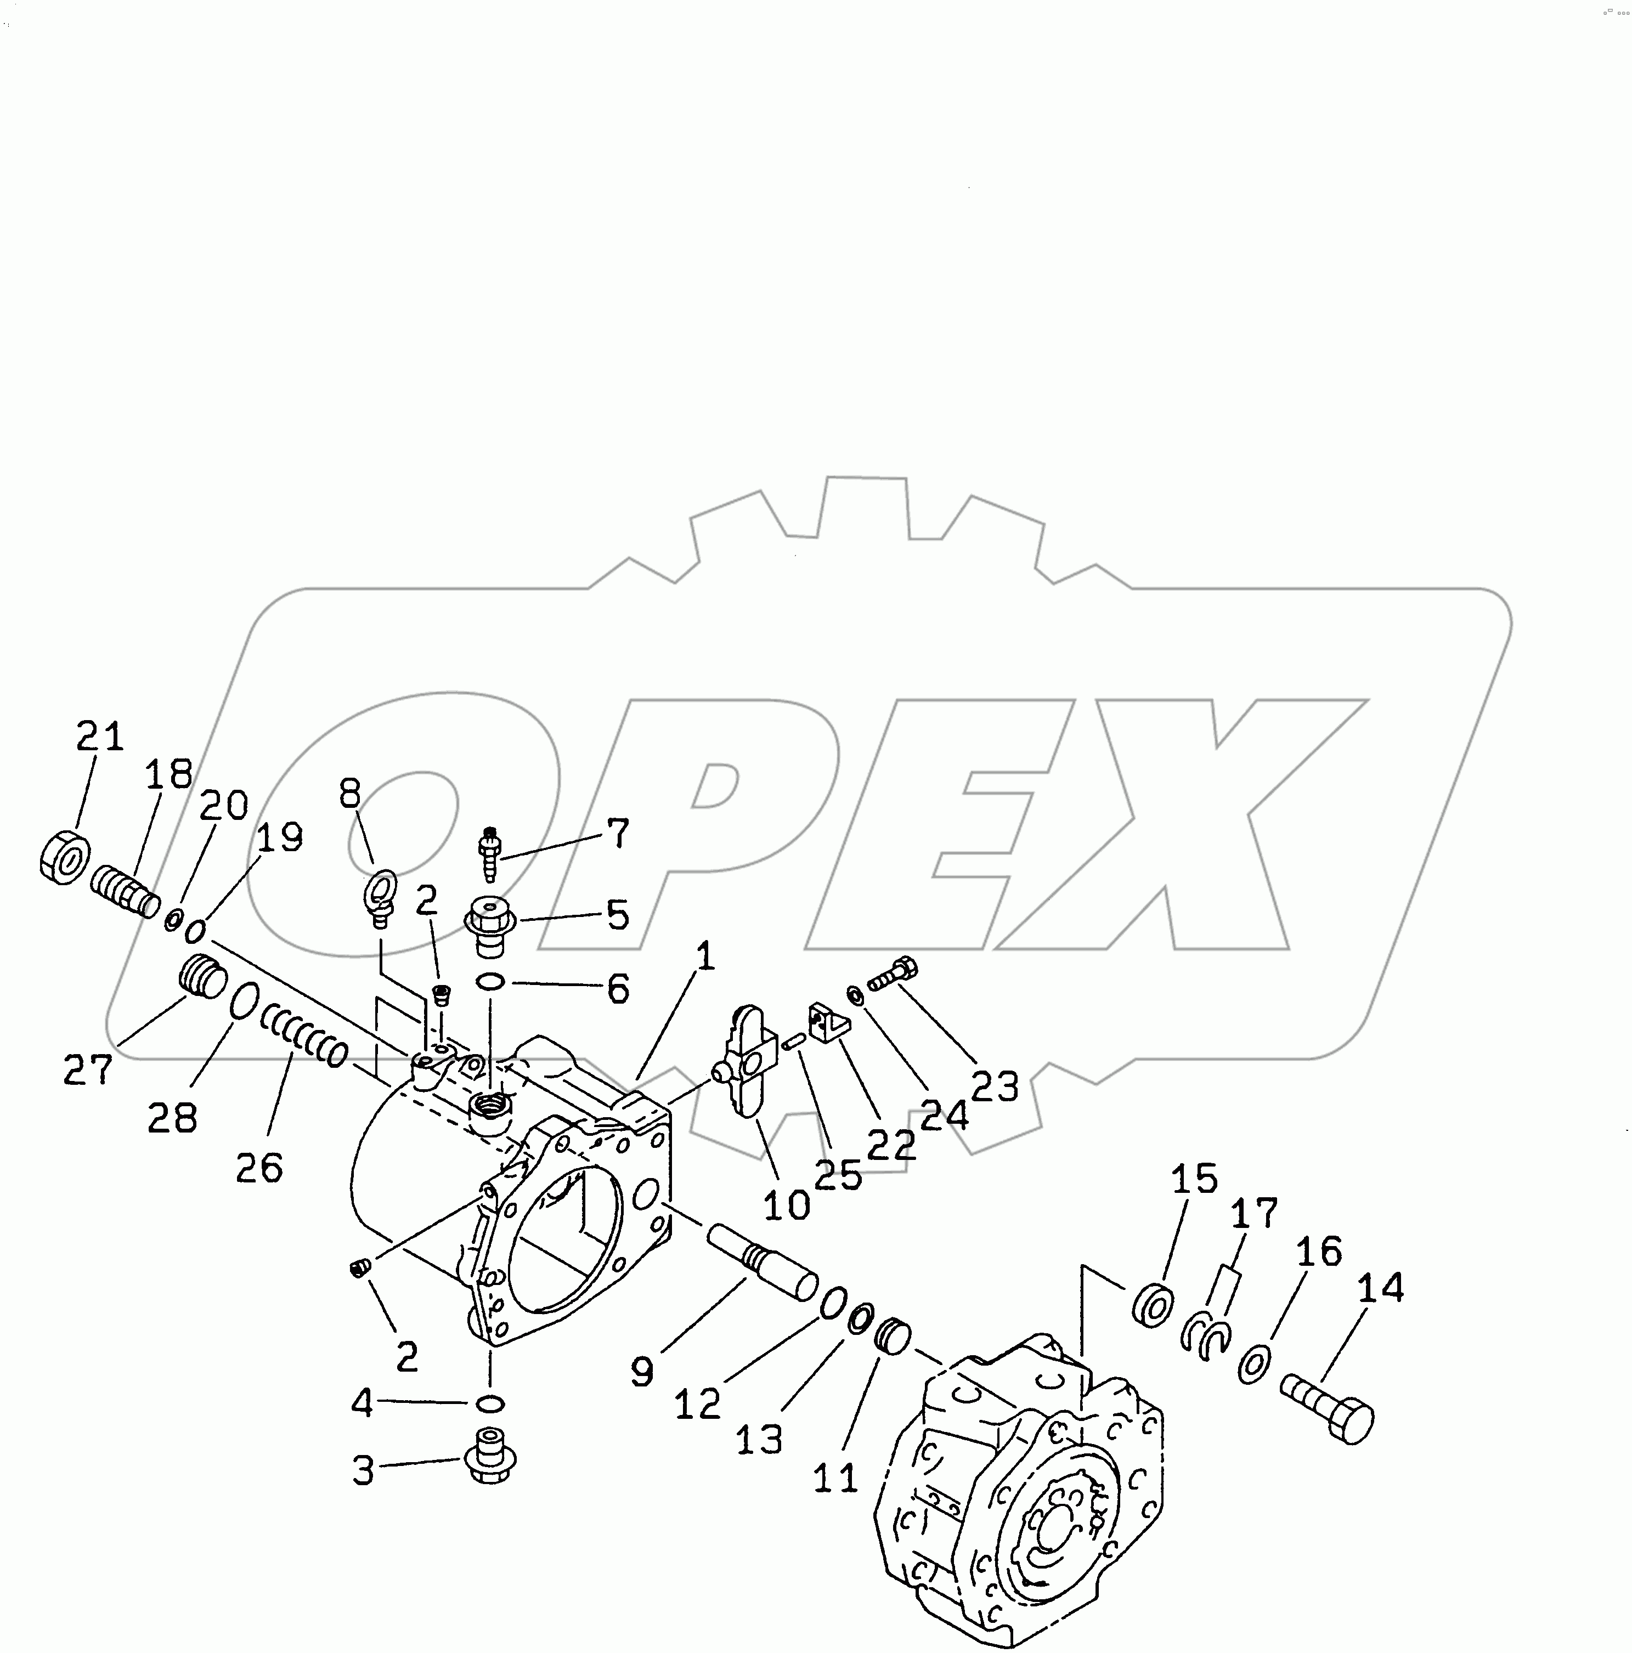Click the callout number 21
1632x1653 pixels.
(x=100, y=736)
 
